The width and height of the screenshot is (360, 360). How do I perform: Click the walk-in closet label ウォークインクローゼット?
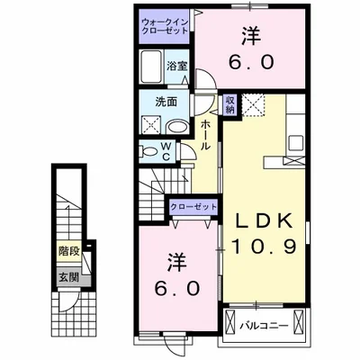[x=165, y=25]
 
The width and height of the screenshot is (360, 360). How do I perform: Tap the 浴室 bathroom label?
[x=176, y=66]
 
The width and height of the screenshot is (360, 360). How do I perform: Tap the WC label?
[x=168, y=148]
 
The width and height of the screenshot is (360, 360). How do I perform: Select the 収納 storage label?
[x=229, y=104]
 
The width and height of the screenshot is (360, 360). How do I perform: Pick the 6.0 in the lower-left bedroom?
[x=178, y=289]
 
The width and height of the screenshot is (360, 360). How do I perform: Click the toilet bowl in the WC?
[x=149, y=149]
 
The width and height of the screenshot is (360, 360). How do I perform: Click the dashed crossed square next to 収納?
[x=255, y=104]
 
